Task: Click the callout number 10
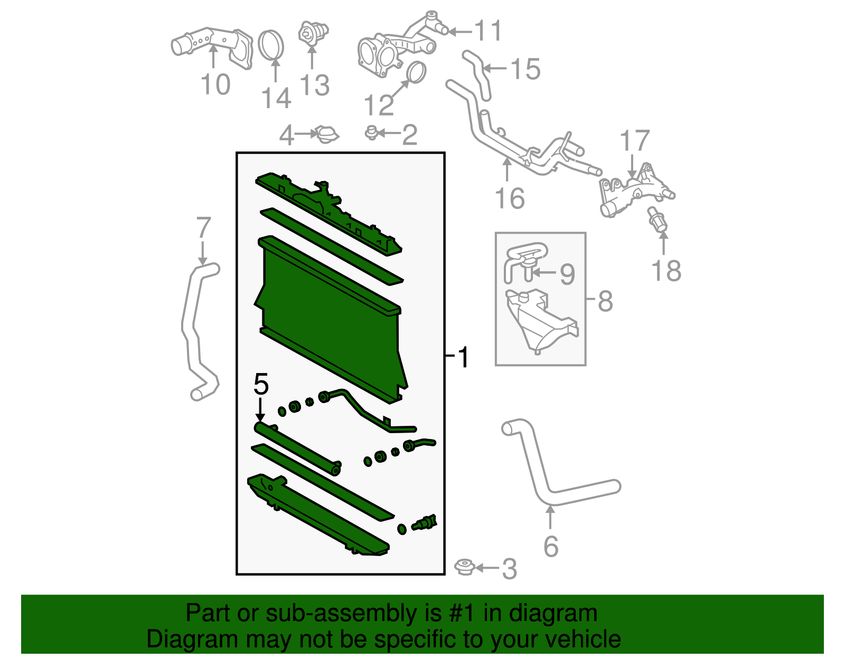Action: click(x=215, y=85)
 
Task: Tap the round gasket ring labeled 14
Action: click(x=271, y=45)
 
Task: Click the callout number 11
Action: click(x=489, y=31)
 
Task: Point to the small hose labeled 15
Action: click(x=478, y=74)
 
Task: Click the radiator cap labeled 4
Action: click(x=327, y=135)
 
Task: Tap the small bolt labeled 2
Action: click(x=372, y=133)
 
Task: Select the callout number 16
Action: click(x=509, y=199)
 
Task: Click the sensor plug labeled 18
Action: click(x=658, y=222)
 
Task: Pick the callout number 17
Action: click(x=634, y=141)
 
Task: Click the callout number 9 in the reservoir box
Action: click(x=567, y=274)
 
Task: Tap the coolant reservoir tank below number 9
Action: click(x=539, y=322)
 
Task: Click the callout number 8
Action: click(x=605, y=302)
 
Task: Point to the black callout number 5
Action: click(x=261, y=384)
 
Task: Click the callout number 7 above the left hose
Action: click(x=203, y=228)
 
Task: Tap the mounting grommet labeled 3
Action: click(x=465, y=568)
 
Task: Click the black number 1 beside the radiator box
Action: click(x=463, y=358)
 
